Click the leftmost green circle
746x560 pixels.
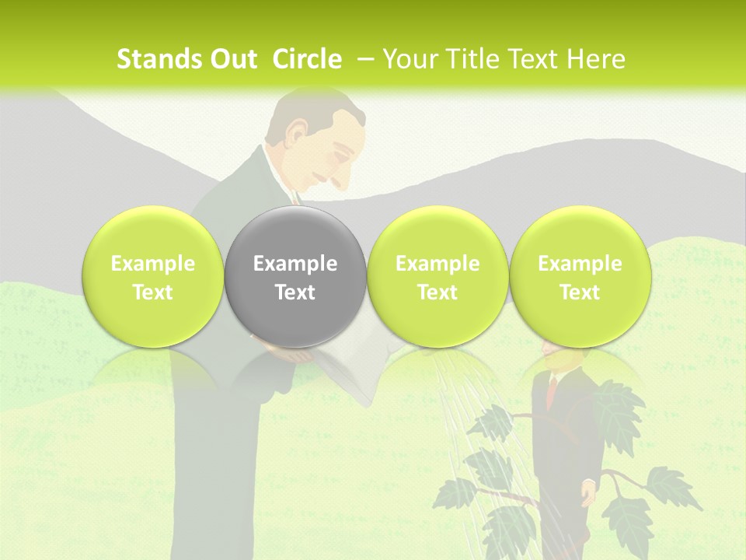coord(152,276)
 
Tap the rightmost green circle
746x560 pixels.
coord(580,276)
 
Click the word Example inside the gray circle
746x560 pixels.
coord(295,264)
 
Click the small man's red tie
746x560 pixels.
coord(552,389)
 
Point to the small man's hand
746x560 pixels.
coord(588,491)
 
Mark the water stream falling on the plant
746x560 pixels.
coord(458,404)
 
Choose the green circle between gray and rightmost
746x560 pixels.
coord(437,276)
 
